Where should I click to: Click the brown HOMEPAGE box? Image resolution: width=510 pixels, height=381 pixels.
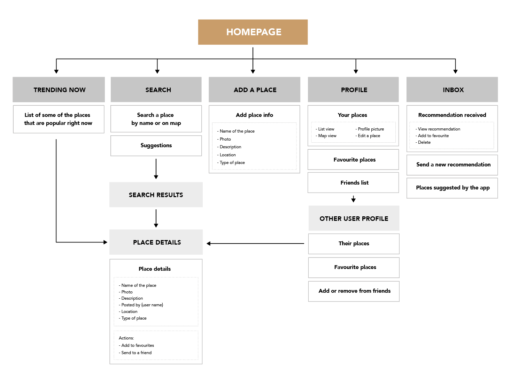pos(253,32)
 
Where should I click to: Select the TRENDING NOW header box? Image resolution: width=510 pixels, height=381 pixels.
pos(59,90)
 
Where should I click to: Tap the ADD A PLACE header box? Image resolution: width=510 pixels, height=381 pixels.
pos(254,90)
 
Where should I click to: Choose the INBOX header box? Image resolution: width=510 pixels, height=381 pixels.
pos(452,90)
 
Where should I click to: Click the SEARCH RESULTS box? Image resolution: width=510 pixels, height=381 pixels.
pos(156,195)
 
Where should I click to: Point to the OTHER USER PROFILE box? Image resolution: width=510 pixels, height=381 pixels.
pos(354,218)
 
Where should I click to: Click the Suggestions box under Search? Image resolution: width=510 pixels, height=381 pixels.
pos(156,145)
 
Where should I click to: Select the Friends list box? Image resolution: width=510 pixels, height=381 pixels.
pos(353,182)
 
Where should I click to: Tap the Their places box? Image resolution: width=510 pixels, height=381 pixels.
pos(354,244)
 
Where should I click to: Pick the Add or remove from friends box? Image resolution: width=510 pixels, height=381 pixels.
pos(354,291)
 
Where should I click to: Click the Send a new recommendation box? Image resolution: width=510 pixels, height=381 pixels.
pos(452,165)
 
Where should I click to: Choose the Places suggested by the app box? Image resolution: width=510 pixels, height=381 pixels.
pos(452,188)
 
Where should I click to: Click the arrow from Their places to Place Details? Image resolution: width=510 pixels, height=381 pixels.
pos(255,244)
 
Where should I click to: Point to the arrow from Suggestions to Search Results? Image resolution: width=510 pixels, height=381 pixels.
pos(156,169)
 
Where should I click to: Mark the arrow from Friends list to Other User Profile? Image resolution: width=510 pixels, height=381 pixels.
pos(353,199)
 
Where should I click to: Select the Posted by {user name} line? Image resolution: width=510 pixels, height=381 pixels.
pos(141,305)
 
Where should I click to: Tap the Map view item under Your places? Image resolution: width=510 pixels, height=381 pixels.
pos(326,136)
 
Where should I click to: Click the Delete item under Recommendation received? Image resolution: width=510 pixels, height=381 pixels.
pos(423,142)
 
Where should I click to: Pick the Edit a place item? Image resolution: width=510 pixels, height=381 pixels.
pos(368,136)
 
